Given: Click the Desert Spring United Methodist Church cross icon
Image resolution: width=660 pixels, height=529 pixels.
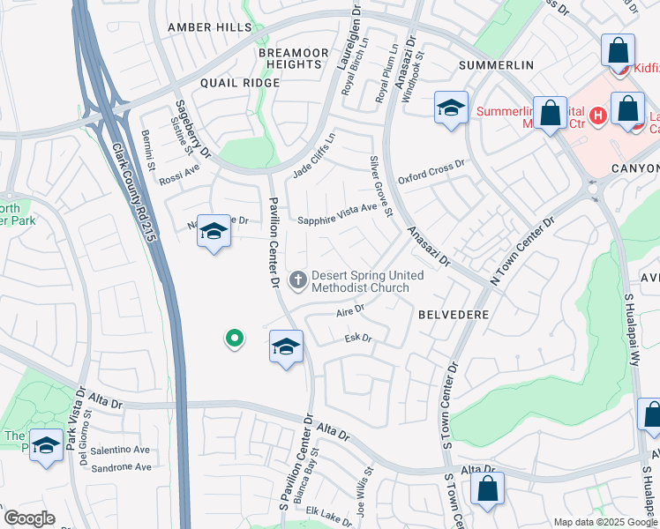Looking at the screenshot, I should click(298, 280).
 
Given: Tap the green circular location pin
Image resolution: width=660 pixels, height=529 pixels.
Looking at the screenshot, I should click(234, 337).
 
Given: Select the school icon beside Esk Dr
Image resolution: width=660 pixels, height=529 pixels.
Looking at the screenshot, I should click(286, 346).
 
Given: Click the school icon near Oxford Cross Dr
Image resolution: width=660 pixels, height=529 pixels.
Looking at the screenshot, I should click(450, 109).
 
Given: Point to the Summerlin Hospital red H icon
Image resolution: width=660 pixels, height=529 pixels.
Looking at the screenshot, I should click(598, 115).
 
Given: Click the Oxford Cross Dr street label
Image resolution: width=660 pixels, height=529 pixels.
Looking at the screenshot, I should click(431, 171).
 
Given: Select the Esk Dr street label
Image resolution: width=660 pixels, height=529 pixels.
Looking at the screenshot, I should click(357, 338).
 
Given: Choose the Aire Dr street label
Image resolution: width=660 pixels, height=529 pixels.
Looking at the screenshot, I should click(350, 310).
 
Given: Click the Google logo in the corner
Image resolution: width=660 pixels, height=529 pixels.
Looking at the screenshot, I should click(29, 518).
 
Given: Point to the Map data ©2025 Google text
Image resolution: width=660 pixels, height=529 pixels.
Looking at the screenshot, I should click(606, 522).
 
